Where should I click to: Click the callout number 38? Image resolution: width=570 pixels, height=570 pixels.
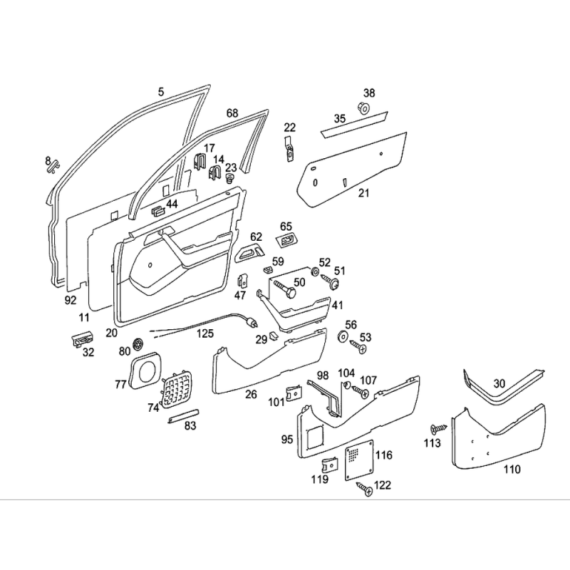click(369, 93)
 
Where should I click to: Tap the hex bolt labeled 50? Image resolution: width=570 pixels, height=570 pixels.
click(284, 289)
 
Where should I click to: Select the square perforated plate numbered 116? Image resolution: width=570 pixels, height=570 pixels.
click(359, 460)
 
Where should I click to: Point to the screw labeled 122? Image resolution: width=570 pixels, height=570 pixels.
click(365, 488)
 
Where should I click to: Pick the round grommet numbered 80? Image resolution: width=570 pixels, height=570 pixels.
click(138, 343)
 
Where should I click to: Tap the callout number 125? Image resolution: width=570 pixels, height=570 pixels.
click(205, 333)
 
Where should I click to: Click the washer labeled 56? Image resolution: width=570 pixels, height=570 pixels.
click(342, 336)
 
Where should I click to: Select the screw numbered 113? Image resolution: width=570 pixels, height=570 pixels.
click(438, 430)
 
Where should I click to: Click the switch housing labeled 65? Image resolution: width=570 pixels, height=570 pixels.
click(287, 240)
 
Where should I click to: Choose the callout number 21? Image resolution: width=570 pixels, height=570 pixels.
click(363, 193)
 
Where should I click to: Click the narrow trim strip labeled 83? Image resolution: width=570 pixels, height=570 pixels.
click(184, 415)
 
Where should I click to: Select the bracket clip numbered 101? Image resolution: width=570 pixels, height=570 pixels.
click(294, 393)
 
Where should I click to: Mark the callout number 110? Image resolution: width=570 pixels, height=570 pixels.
click(512, 470)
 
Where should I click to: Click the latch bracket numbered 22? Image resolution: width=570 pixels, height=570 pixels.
click(289, 149)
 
